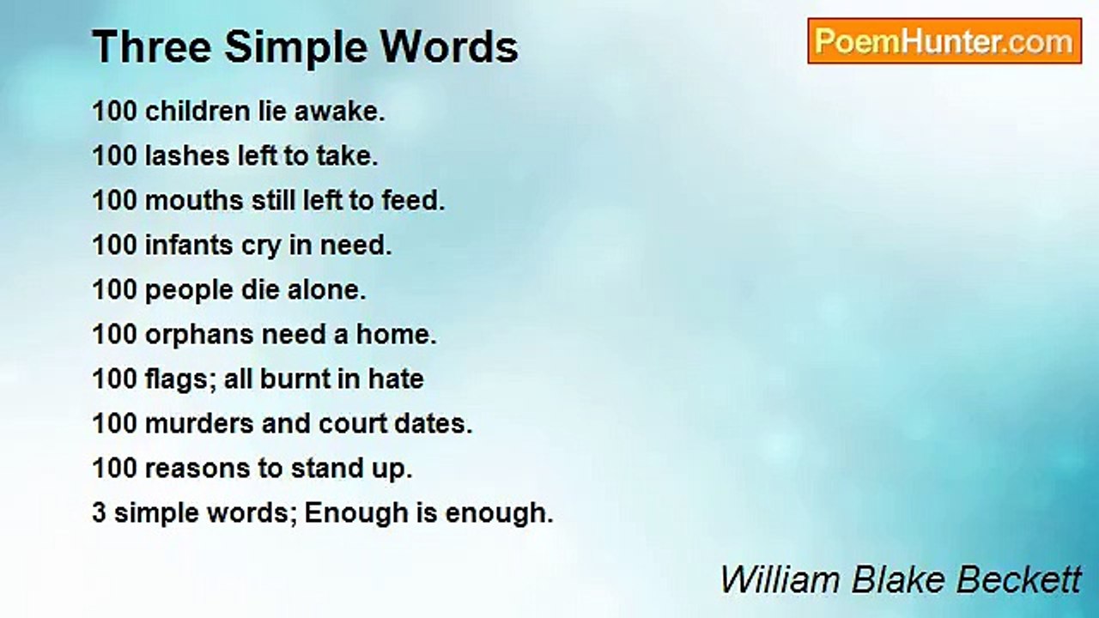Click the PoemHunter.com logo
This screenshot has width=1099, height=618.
coord(944,41)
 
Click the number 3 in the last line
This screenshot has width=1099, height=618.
coord(99,513)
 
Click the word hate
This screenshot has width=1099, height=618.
coord(396,379)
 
